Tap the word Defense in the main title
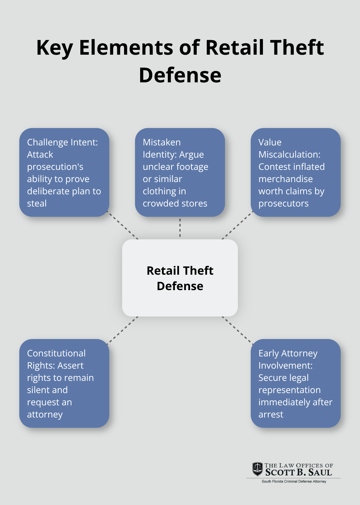(x=180, y=76)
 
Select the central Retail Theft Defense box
(x=180, y=278)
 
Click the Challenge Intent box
(x=64, y=172)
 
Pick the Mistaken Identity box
(x=180, y=172)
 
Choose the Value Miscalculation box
(x=295, y=172)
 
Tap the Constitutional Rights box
(x=64, y=383)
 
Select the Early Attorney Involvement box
(x=295, y=383)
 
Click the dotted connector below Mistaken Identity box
(x=180, y=228)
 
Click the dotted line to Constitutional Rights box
(x=123, y=330)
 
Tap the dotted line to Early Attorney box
(x=237, y=330)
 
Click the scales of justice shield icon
(x=257, y=469)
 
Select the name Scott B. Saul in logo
(x=299, y=473)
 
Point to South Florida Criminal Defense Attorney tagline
(x=294, y=482)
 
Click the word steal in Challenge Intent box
(x=37, y=204)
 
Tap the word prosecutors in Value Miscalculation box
(x=283, y=204)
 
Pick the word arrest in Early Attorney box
(x=271, y=415)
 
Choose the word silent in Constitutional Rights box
(x=47, y=390)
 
